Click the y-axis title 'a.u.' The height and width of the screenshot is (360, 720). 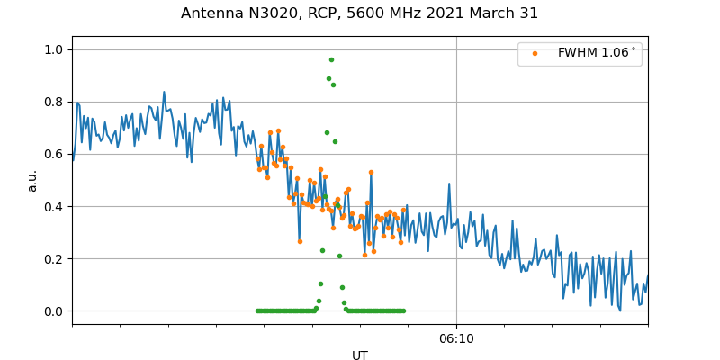[x=32, y=180]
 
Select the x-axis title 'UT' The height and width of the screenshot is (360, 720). [x=360, y=355]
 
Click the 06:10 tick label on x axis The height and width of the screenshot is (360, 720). [x=456, y=338]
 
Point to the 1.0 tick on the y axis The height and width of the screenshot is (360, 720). [x=55, y=49]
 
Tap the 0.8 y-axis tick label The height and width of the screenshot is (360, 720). [x=55, y=102]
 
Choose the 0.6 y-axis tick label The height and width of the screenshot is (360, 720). [x=55, y=154]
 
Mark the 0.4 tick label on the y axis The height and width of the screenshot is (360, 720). [x=55, y=206]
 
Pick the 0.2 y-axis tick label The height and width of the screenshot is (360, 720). [x=55, y=258]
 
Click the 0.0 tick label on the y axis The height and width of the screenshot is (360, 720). [x=55, y=311]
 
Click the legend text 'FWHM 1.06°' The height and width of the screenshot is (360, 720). [x=597, y=53]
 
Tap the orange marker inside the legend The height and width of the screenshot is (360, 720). [x=535, y=53]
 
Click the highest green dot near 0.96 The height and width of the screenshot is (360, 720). [x=331, y=59]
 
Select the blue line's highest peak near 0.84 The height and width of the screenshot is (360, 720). [x=164, y=92]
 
